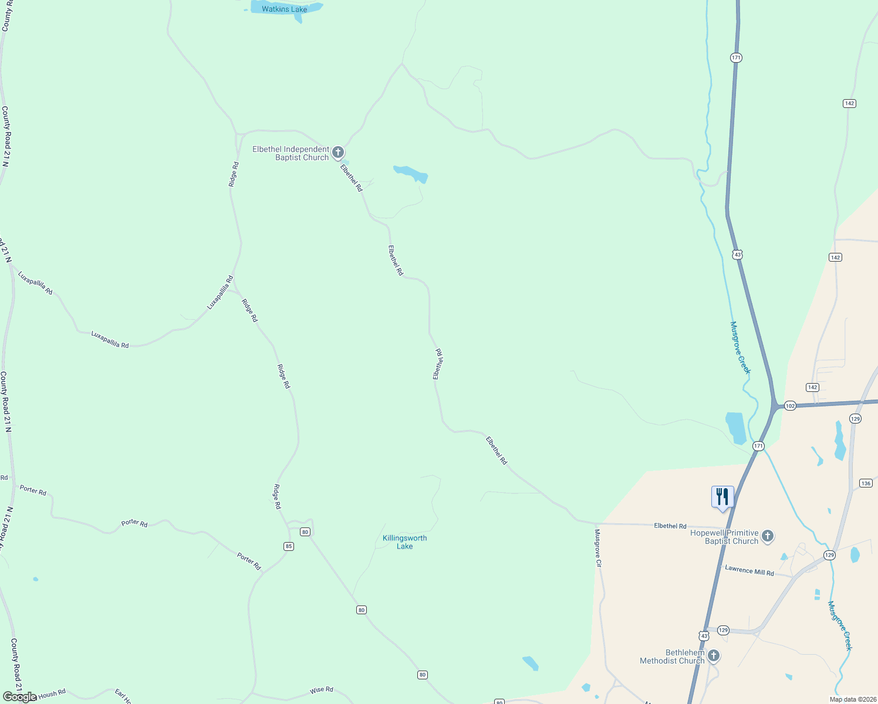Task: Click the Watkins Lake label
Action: coord(285,9)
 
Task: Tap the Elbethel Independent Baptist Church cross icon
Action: coord(338,153)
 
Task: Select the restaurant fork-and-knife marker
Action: coord(722,497)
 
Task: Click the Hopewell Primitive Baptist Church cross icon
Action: coord(768,536)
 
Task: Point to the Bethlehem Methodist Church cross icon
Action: coord(714,656)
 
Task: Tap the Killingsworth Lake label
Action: coord(405,542)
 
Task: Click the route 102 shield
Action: coord(790,406)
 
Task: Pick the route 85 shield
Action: coord(289,546)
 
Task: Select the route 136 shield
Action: coord(866,483)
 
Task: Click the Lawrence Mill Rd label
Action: coord(749,570)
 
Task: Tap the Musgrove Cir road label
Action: coord(598,548)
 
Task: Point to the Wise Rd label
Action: coord(322,690)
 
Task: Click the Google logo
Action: coord(20,697)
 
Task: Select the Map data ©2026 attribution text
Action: coord(852,699)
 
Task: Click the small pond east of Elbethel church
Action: coord(411,174)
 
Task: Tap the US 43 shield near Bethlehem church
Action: coord(704,636)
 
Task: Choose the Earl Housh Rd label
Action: coord(50,695)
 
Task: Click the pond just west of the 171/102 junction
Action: coord(735,427)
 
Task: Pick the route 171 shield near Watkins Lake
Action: coord(736,57)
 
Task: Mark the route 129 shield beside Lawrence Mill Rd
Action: coord(829,555)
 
